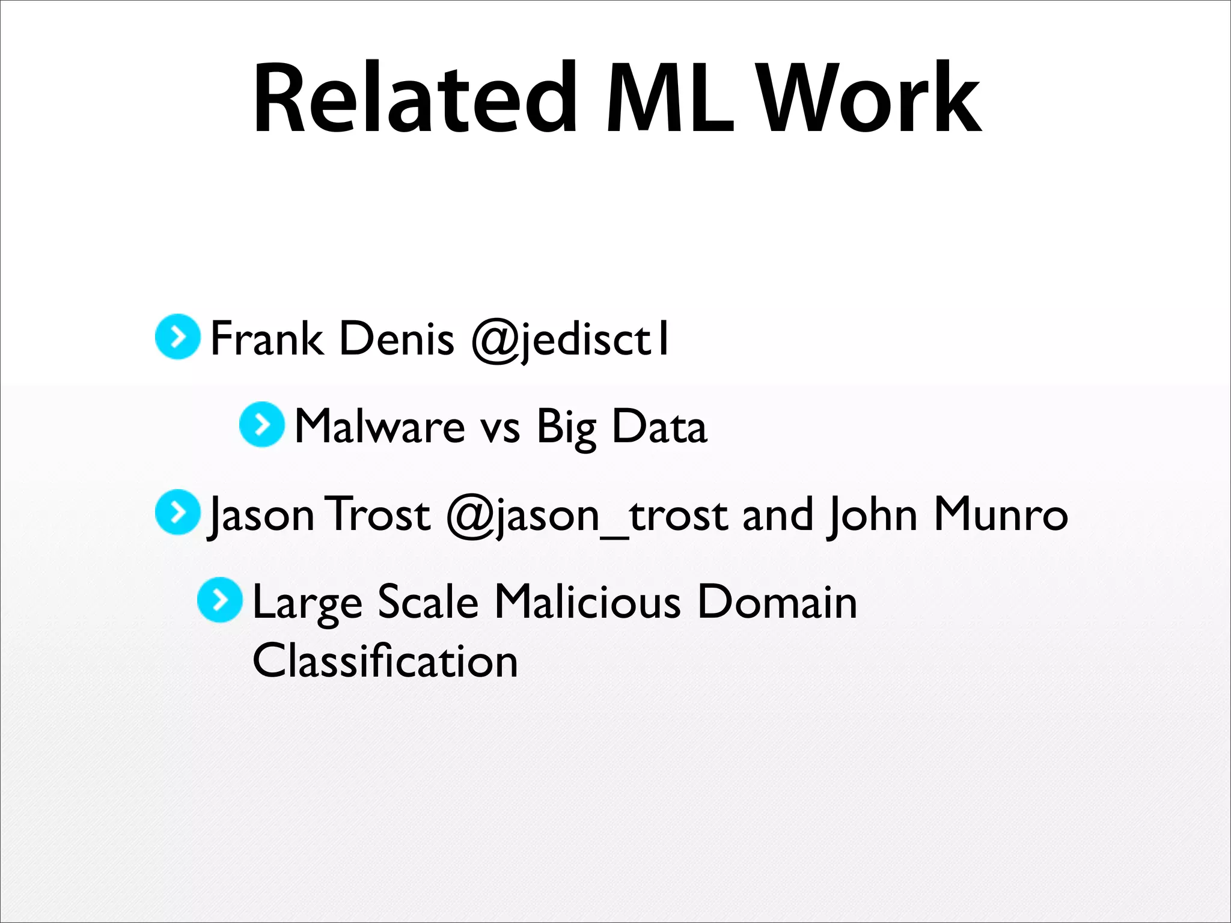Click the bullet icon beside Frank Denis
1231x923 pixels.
(177, 337)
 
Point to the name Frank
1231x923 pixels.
(267, 338)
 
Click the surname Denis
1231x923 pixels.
(397, 338)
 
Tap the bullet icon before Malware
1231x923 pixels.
(261, 425)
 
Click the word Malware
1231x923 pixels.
(380, 426)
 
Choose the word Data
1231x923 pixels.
(659, 426)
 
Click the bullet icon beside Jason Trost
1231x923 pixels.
(177, 513)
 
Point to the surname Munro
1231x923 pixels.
(1000, 514)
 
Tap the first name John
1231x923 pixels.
(872, 516)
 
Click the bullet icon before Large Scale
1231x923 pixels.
(220, 600)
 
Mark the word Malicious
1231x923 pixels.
(587, 602)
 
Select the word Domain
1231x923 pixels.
(777, 602)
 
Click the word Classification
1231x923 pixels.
(385, 660)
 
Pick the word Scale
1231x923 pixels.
(428, 602)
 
